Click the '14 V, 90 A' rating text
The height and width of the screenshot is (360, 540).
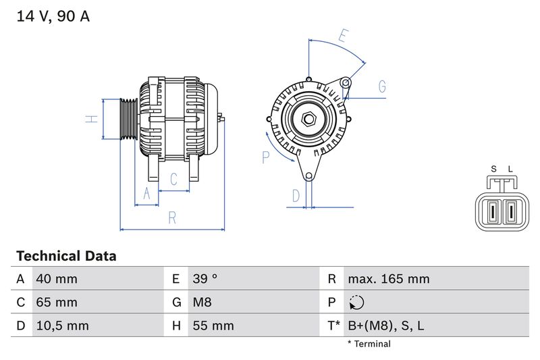pos(53,17)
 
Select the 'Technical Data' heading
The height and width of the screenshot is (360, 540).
pos(66,256)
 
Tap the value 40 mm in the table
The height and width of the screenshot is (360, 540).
pos(56,279)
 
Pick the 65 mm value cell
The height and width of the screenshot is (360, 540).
pos(56,302)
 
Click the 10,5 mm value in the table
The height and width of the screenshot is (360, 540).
pos(61,326)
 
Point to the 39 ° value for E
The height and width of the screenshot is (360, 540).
pos(205,279)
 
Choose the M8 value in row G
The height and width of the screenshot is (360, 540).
pos(202,302)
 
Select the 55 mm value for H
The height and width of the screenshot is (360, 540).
pos(213,326)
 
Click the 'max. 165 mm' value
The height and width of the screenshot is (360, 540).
pos(388,279)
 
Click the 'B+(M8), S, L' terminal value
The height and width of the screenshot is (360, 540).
pos(385,326)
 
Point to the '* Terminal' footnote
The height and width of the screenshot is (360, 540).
pos(369,344)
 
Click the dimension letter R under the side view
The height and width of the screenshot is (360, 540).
pos(172,217)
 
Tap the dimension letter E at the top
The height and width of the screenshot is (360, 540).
pos(344,36)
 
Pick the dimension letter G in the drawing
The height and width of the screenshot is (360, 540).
pos(382,86)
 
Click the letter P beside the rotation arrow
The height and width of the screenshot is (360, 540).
pos(265,157)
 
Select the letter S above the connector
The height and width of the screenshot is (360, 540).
pos(493,169)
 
